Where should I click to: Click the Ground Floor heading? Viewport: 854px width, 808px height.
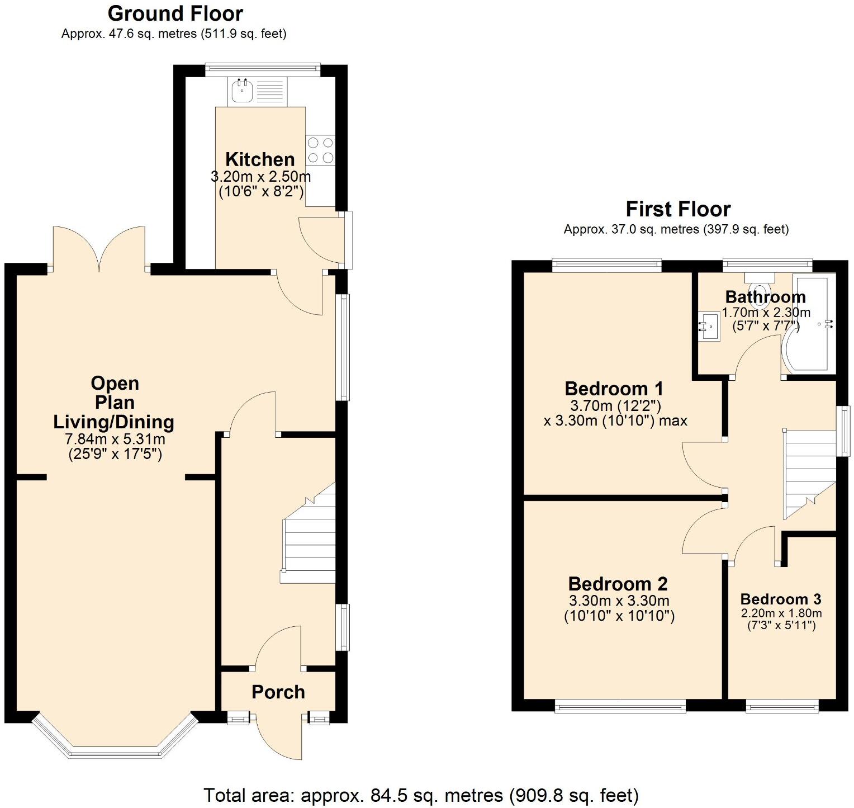[x=175, y=13]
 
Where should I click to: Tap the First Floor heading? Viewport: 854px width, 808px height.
[x=677, y=209]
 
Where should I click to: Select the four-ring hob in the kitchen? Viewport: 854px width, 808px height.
[x=320, y=150]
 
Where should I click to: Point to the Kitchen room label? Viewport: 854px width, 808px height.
[x=260, y=159]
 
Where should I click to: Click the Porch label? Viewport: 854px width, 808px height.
[x=278, y=692]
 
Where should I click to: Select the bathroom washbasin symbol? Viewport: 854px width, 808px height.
[x=709, y=327]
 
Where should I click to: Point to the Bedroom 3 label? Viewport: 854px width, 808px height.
[x=780, y=599]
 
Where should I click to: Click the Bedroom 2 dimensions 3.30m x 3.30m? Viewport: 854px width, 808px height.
[x=619, y=602]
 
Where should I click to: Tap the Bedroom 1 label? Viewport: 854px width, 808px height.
[x=614, y=388]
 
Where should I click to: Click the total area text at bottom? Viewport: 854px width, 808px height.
[x=420, y=795]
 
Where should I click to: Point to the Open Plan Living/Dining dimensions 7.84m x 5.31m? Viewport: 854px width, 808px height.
[x=115, y=440]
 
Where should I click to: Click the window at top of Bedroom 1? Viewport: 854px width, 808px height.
[x=606, y=264]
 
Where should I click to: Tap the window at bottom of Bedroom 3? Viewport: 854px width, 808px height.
[x=782, y=707]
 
